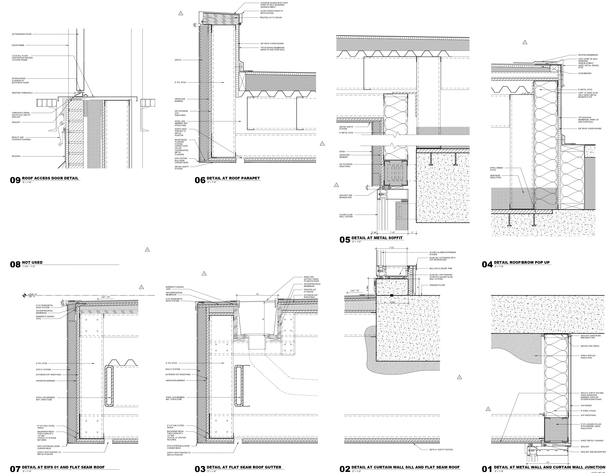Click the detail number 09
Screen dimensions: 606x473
pos(15,180)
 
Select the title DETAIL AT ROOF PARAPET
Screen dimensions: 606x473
pos(233,178)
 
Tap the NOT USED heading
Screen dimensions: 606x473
pos(32,262)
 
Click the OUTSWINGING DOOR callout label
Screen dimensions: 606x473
pos(22,34)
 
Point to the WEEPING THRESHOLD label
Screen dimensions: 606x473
pos(22,93)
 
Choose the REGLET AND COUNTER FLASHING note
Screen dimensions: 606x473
pos(21,138)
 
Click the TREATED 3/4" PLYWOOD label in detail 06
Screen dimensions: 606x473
pos(271,17)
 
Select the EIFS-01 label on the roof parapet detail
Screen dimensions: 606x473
pos(178,60)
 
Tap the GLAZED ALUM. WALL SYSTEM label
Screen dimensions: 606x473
pos(346,215)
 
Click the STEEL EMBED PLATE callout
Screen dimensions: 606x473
pos(496,169)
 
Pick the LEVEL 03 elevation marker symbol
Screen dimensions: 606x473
pos(25,296)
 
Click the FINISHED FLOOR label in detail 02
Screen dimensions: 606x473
pos(437,285)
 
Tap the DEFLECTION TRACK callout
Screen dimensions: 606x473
pos(590,346)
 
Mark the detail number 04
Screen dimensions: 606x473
pos(487,264)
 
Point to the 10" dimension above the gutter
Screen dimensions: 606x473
pos(257,294)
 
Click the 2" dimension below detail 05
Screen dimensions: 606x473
pos(412,232)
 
